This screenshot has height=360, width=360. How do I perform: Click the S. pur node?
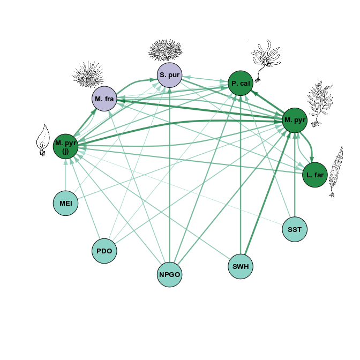point(170,75)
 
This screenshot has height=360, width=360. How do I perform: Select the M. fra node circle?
point(104,99)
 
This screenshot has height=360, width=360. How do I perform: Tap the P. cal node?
point(241,84)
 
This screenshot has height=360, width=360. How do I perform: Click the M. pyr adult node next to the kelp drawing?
point(295,119)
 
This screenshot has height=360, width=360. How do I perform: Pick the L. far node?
point(315,175)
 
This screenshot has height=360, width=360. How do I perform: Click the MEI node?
point(66,204)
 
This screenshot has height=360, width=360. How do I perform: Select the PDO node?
point(104,251)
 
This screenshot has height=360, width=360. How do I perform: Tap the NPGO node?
point(170,275)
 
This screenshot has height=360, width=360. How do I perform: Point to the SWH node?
point(241,266)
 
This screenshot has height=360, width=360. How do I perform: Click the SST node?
point(295,229)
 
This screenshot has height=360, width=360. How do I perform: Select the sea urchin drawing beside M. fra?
point(88,74)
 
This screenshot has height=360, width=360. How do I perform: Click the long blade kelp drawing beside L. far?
point(336,171)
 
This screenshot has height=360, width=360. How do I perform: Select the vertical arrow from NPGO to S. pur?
point(170,177)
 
